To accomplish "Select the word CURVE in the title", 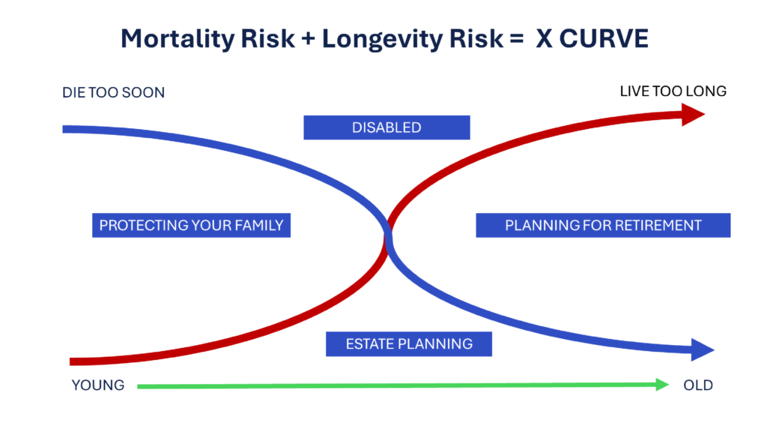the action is [604, 38].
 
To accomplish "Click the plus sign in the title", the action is [308, 39].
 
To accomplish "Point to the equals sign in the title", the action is [517, 39].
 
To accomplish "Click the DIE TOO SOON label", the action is [114, 92].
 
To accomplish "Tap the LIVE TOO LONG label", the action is [673, 91].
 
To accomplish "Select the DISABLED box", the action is [387, 127].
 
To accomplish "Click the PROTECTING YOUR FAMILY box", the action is [191, 225].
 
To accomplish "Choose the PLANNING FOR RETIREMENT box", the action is [603, 225].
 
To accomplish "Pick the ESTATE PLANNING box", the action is [409, 343].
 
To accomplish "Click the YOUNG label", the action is [98, 385].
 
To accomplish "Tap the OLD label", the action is [698, 385].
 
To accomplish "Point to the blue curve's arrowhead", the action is [702, 349].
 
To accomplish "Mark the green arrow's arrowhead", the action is [662, 385].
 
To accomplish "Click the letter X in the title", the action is [545, 39].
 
